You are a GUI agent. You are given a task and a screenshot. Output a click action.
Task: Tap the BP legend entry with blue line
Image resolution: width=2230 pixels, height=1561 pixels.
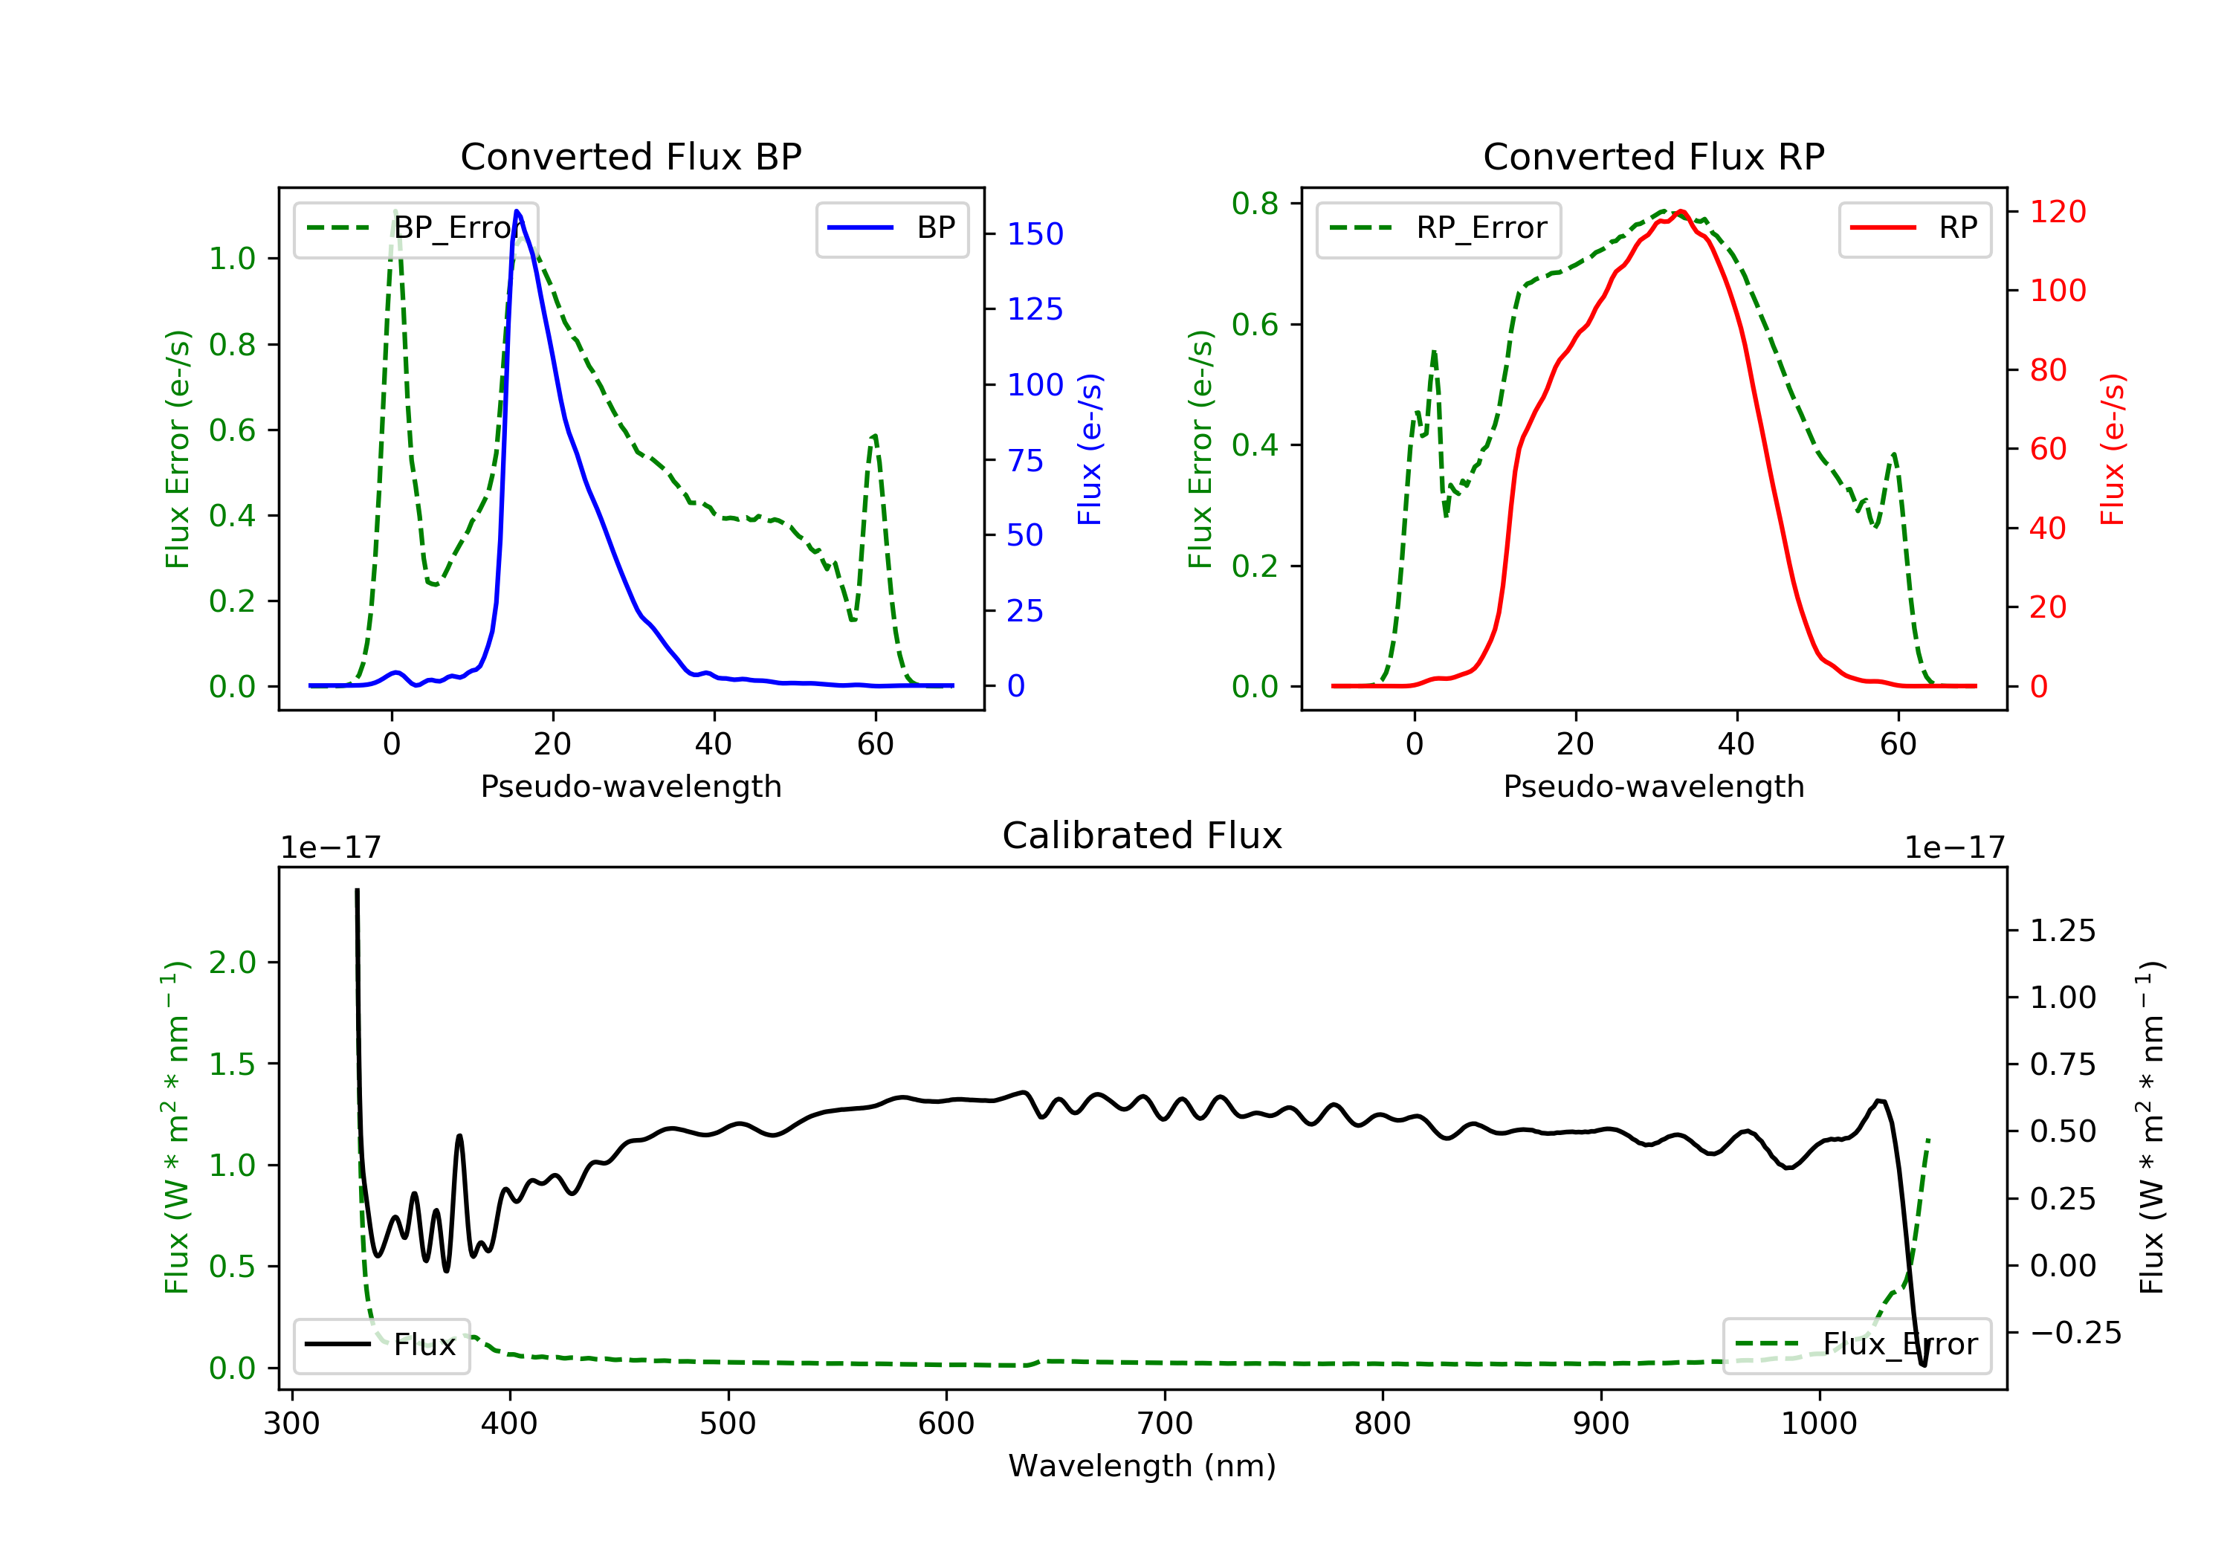[x=891, y=228]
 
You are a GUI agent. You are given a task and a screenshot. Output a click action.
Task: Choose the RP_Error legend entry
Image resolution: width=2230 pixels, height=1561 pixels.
[x=1438, y=228]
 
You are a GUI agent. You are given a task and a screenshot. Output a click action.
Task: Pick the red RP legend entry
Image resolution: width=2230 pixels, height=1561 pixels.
[x=1914, y=228]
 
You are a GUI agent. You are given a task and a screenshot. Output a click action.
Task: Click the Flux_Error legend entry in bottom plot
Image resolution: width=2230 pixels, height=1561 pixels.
[x=1856, y=1345]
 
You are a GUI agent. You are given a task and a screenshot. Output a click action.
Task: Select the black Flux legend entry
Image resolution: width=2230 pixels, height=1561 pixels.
[x=382, y=1345]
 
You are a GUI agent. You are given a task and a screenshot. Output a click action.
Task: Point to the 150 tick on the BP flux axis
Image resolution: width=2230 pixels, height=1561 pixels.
[x=1035, y=234]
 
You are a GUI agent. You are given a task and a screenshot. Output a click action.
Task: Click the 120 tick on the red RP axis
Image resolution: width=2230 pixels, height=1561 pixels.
[x=2057, y=212]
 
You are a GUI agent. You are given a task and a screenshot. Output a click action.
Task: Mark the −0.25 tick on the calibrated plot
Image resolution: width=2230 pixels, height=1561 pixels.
[x=2075, y=1333]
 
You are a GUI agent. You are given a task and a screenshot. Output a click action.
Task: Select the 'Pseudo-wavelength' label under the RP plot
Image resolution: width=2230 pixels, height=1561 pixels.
[x=1653, y=786]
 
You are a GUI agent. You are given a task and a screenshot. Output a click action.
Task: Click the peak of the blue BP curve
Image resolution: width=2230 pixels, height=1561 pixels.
[x=517, y=211]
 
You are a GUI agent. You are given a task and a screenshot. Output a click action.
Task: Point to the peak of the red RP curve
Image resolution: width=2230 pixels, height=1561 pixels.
[x=1680, y=212]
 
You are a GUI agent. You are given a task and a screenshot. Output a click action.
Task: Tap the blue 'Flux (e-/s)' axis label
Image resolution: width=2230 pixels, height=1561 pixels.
[x=1090, y=450]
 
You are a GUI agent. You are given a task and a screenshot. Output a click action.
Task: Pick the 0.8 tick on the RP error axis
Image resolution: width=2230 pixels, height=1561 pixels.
[x=1255, y=204]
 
